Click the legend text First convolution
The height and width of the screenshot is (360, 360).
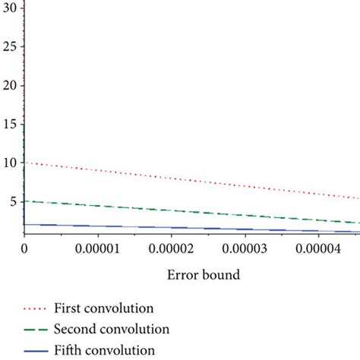[104, 308]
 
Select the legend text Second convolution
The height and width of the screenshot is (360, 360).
[111, 330]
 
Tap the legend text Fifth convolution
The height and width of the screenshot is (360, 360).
[104, 350]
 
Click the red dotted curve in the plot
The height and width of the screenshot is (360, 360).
[190, 180]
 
